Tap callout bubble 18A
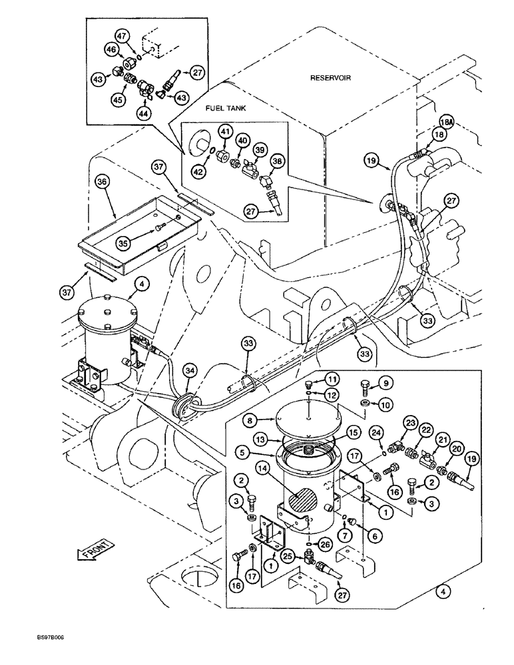(427, 123)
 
